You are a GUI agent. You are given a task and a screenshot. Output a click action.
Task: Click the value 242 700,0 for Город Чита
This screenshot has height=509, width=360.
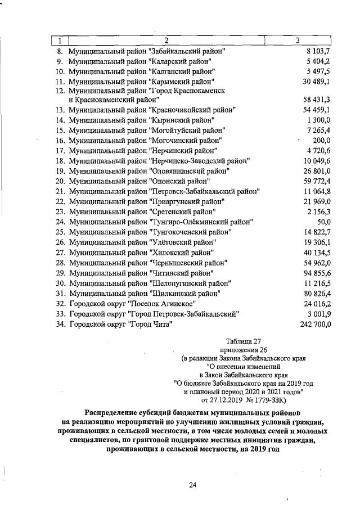pyautogui.click(x=313, y=325)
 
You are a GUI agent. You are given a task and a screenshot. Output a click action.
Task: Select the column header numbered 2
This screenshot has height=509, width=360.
pyautogui.click(x=166, y=40)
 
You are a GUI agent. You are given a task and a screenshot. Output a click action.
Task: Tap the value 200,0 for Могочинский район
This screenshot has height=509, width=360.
pyautogui.click(x=321, y=140)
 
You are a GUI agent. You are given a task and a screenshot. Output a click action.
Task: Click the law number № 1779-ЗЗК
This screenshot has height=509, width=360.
pyautogui.click(x=263, y=400)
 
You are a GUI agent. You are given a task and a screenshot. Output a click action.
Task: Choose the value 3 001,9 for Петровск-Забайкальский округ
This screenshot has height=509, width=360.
pyautogui.click(x=318, y=314)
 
